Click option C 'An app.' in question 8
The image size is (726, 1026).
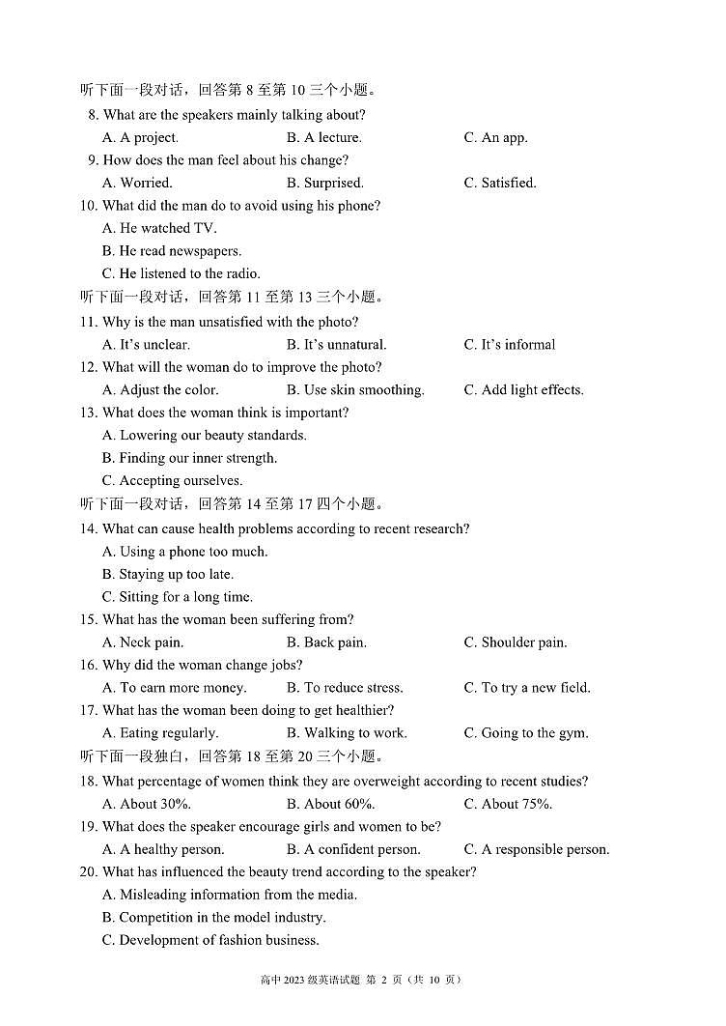coord(495,137)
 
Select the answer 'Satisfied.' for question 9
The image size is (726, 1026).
coord(499,183)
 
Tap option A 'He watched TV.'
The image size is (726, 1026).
coord(159,228)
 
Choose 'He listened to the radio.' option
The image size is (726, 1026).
coord(181,273)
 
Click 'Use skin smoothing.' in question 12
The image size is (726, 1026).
coord(355,389)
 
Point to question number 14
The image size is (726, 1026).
coord(89,528)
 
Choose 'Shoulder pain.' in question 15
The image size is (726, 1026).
coord(515,642)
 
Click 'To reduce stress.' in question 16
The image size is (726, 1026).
coord(345,688)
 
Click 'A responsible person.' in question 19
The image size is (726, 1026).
coord(536,849)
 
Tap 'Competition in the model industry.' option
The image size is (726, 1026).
coord(213,917)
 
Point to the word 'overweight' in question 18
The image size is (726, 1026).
coord(389,781)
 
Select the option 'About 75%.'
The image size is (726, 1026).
coord(508,804)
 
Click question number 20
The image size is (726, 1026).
coord(89,871)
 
